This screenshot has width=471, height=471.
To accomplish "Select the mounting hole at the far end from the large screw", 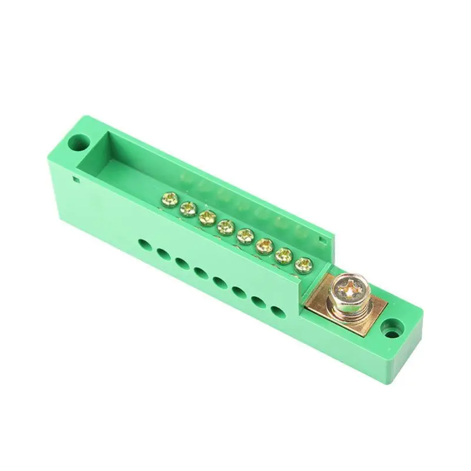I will (76, 142).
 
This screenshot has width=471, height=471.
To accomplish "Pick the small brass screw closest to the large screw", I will (303, 265).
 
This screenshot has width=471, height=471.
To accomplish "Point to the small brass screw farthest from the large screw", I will (168, 200).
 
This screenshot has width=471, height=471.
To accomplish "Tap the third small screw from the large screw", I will (264, 245).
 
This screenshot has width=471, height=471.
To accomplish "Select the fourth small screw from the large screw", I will (244, 235).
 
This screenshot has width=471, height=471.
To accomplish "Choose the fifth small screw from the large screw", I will (224, 226).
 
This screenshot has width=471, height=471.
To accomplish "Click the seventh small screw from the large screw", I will (188, 208).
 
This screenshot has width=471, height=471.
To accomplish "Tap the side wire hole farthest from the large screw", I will (144, 243).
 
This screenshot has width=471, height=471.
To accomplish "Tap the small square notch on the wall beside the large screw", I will (321, 240).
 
